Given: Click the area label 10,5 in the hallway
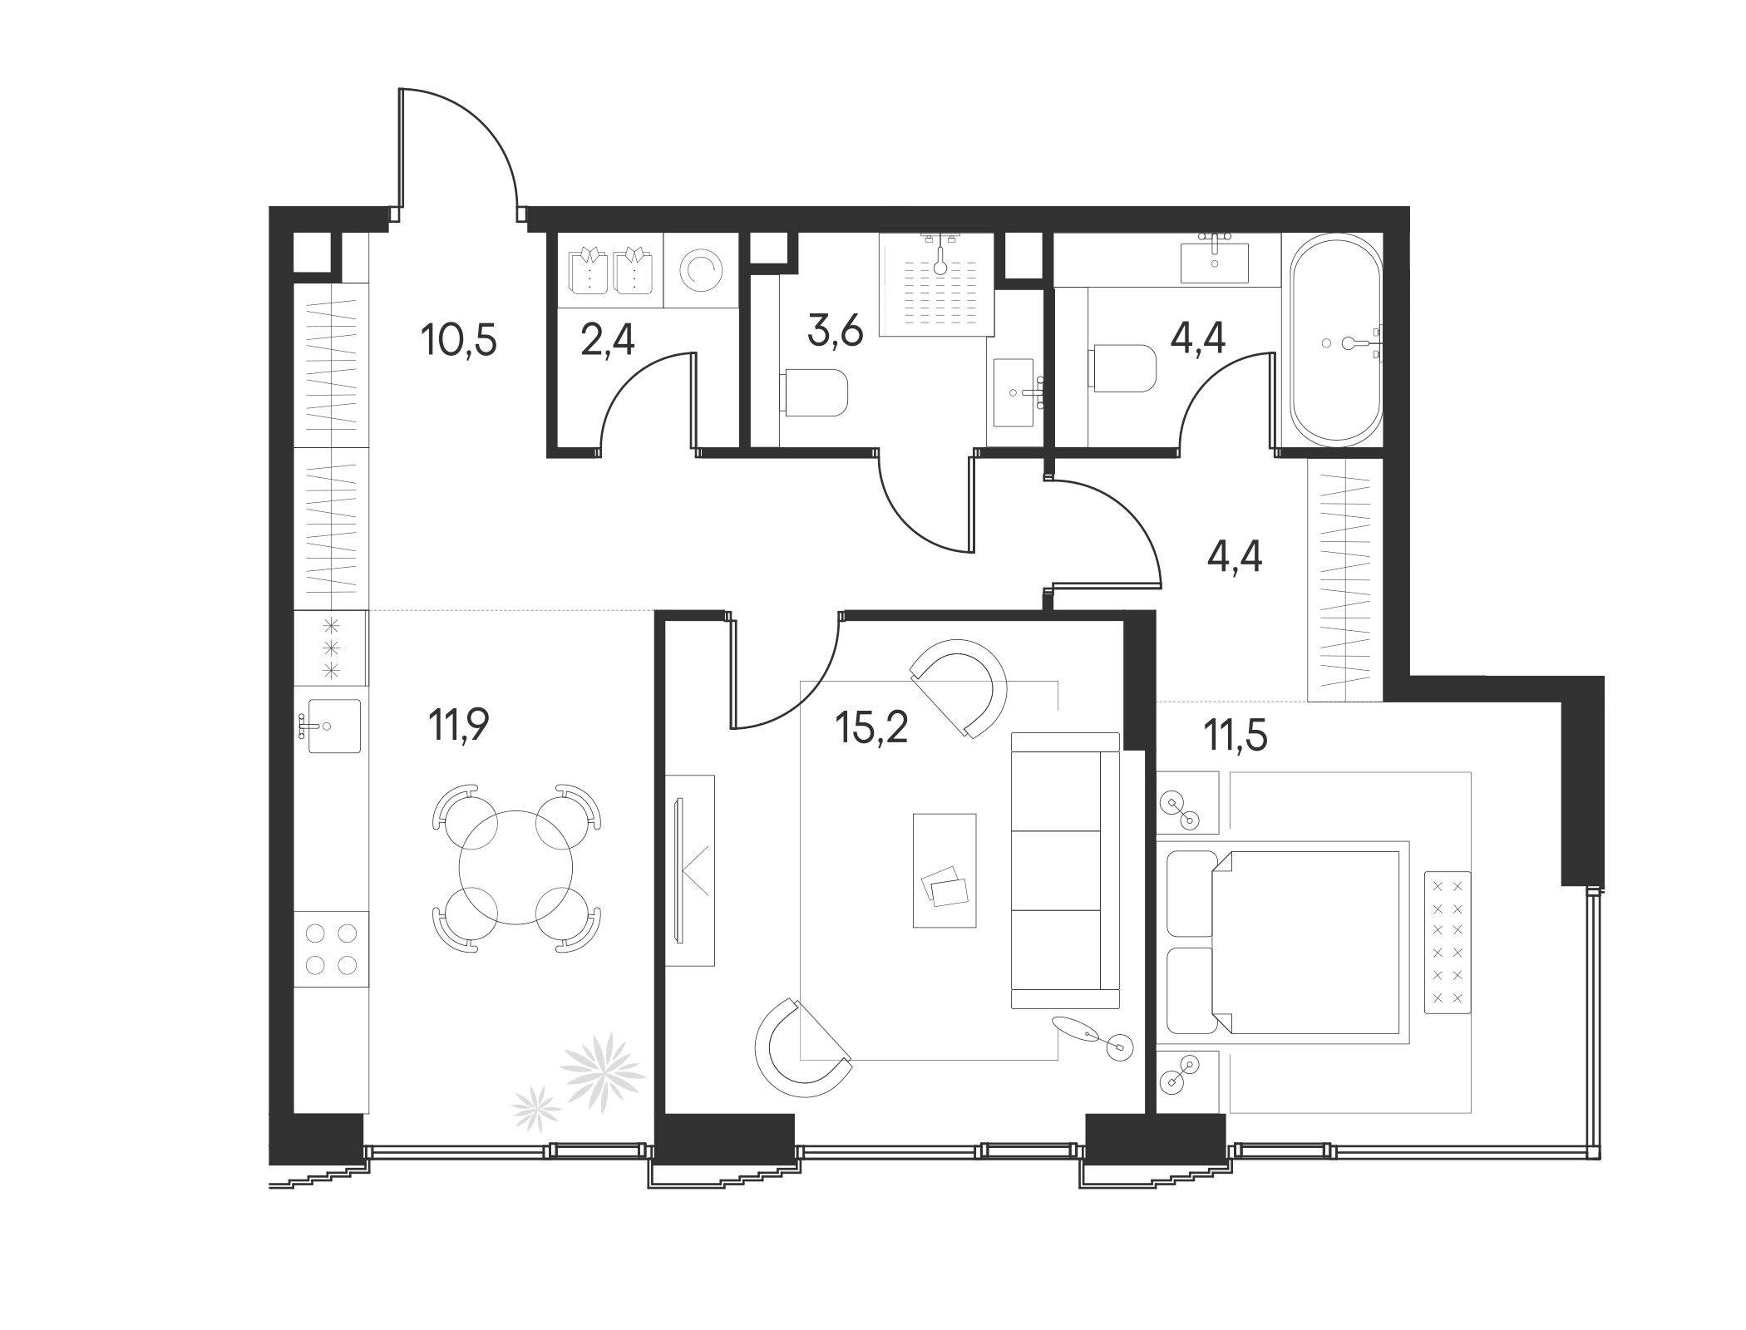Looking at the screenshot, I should coord(459,340).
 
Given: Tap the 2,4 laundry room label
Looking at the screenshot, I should coord(607,340).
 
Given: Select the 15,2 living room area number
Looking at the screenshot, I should coord(871,727).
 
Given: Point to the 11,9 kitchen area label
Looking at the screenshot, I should coord(459,725).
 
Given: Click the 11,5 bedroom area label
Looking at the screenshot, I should coord(1236,736).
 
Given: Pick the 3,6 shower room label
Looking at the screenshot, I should coord(835,331).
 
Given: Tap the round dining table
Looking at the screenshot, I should coord(515,867).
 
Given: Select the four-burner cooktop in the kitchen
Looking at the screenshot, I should coord(331,948).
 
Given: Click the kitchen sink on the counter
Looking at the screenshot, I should coord(333,726).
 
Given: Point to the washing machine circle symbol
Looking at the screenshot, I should coord(701,270).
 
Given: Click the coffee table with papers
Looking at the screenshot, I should coord(945,870).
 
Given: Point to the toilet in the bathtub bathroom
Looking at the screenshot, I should coord(1123,368).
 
